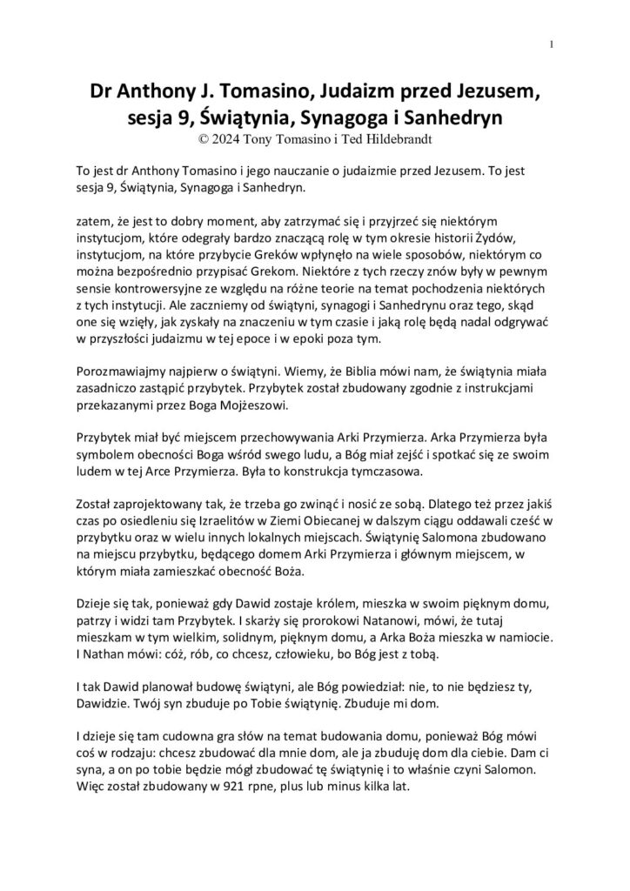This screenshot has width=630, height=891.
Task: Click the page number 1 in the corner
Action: [552, 45]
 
